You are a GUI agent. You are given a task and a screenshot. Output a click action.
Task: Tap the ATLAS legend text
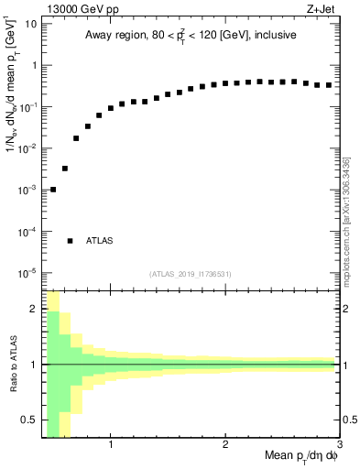pyautogui.click(x=99, y=241)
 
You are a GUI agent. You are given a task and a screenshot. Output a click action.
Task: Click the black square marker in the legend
pyautogui.click(x=71, y=241)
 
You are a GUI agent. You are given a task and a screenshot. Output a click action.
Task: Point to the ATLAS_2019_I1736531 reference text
pyautogui.click(x=191, y=274)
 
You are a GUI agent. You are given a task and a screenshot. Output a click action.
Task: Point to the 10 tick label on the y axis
pyautogui.click(x=30, y=23)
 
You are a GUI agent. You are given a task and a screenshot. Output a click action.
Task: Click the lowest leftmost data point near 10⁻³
pyautogui.click(x=53, y=190)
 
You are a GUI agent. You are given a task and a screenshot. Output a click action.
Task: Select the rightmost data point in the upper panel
pyautogui.click(x=329, y=85)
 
